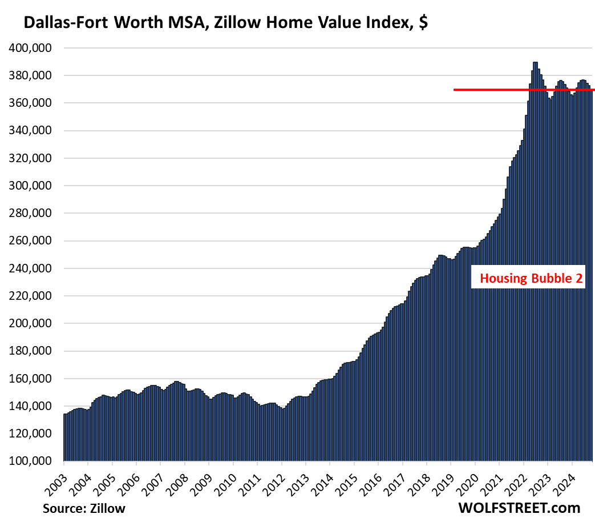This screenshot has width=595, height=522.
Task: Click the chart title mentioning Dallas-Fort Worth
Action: (x=225, y=23)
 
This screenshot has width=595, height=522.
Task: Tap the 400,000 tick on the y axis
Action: (x=31, y=49)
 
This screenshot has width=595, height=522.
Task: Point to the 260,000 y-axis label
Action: (x=31, y=241)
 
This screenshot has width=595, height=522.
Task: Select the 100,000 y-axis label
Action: (x=31, y=461)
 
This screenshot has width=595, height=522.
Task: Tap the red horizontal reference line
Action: (x=513, y=90)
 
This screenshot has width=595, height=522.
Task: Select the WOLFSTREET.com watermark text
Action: (x=519, y=507)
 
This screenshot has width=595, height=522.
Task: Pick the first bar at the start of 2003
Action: (x=64, y=437)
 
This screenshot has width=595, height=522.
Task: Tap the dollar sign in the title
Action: (x=423, y=23)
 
